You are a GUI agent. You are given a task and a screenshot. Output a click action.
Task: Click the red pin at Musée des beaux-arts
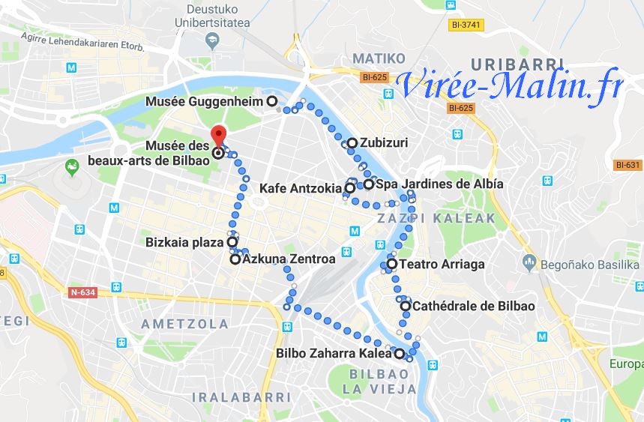[x=218, y=135]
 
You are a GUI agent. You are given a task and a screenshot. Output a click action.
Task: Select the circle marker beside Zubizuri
[x=352, y=142]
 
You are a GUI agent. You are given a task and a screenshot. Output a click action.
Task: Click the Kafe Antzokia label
[x=301, y=187]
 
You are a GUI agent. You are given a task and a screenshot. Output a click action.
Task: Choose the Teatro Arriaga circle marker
[x=391, y=264]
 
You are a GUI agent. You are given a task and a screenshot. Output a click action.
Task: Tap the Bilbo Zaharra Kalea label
[x=334, y=353]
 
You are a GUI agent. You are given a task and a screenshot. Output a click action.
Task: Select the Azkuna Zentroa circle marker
[x=235, y=259]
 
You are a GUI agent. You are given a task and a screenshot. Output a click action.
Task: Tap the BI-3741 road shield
[x=466, y=25]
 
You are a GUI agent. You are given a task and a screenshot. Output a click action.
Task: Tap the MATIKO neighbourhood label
[x=379, y=58]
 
